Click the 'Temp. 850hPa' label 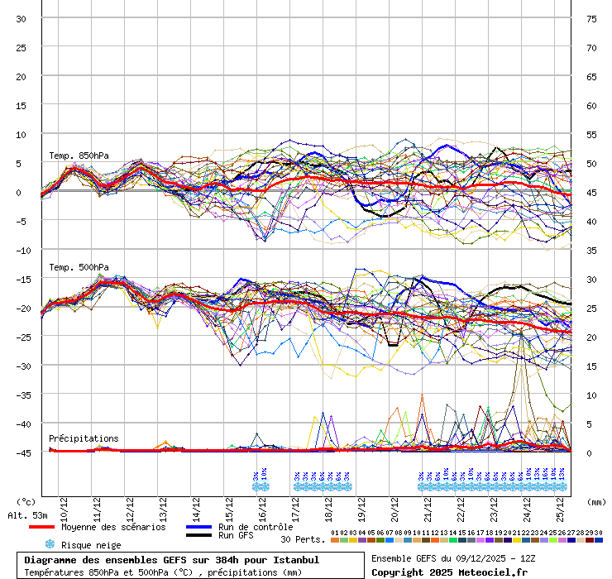pyautogui.click(x=79, y=156)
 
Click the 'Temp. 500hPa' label pyautogui.click(x=79, y=267)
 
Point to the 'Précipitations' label pyautogui.click(x=84, y=438)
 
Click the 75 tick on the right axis pyautogui.click(x=592, y=19)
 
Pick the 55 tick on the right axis pyautogui.click(x=592, y=134)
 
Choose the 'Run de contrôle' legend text pyautogui.click(x=256, y=527)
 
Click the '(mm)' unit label pyautogui.click(x=597, y=501)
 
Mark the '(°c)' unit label pyautogui.click(x=26, y=501)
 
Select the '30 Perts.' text pyautogui.click(x=303, y=539)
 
